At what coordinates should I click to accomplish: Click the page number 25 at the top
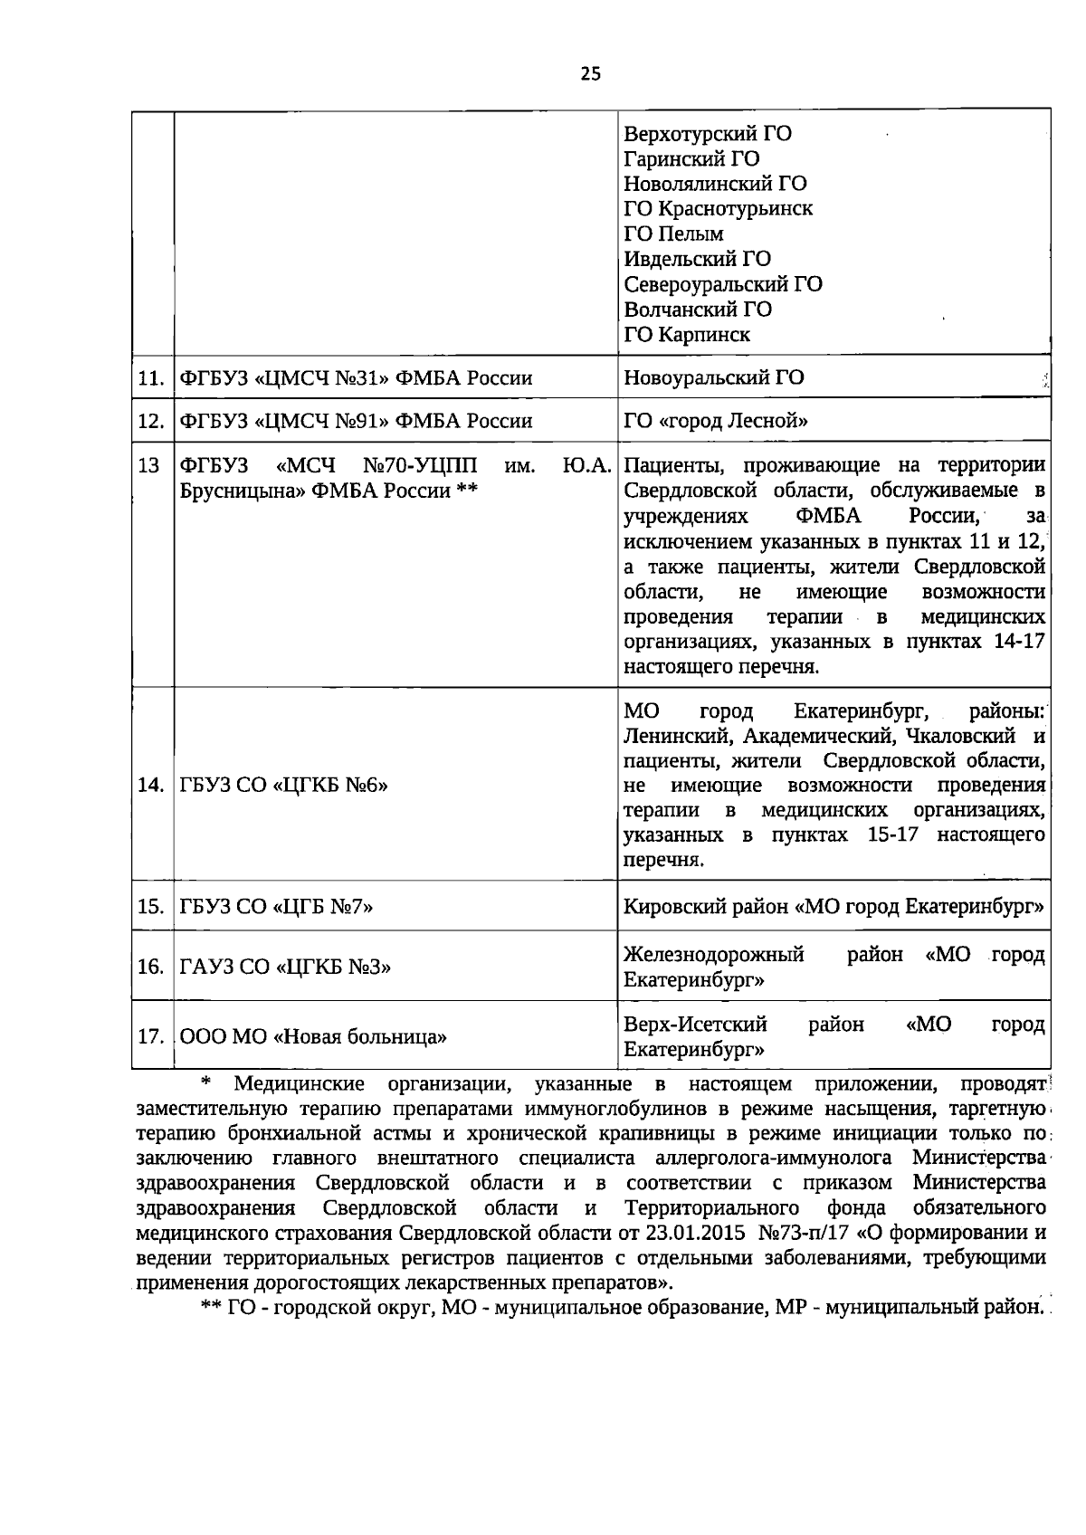pyautogui.click(x=590, y=74)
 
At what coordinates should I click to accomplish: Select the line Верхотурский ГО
pyautogui.click(x=708, y=134)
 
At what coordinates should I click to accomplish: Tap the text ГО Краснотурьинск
pyautogui.click(x=719, y=209)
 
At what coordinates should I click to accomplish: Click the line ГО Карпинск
pyautogui.click(x=687, y=335)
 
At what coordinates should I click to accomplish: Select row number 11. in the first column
pyautogui.click(x=150, y=378)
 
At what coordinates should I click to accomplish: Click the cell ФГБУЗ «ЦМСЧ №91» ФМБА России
pyautogui.click(x=356, y=422)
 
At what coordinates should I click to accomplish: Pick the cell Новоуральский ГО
pyautogui.click(x=713, y=378)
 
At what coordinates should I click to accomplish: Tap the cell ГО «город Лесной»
pyautogui.click(x=715, y=422)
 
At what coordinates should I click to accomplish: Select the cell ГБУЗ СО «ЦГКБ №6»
pyautogui.click(x=283, y=786)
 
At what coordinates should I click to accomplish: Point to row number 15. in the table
pyautogui.click(x=150, y=907)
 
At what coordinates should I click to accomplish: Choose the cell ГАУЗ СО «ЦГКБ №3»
pyautogui.click(x=285, y=968)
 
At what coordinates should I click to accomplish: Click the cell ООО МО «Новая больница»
pyautogui.click(x=313, y=1037)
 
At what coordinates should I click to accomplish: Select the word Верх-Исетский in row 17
pyautogui.click(x=695, y=1025)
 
